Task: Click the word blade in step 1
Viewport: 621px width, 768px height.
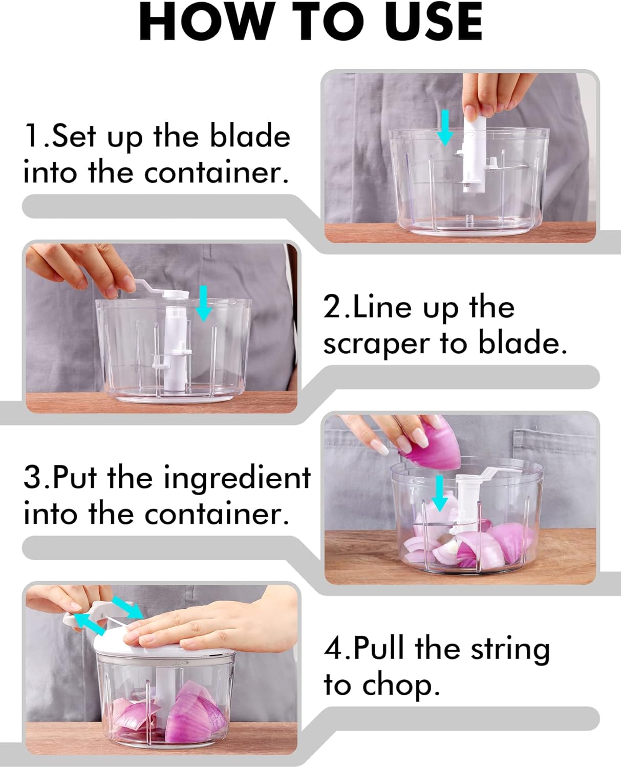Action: (x=250, y=135)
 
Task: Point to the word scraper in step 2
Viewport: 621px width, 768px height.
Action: (x=376, y=345)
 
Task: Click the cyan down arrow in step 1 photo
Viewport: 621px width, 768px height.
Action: (x=445, y=128)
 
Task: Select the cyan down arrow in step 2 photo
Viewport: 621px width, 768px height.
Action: (x=204, y=303)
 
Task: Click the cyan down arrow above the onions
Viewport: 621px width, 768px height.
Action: (x=439, y=493)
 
